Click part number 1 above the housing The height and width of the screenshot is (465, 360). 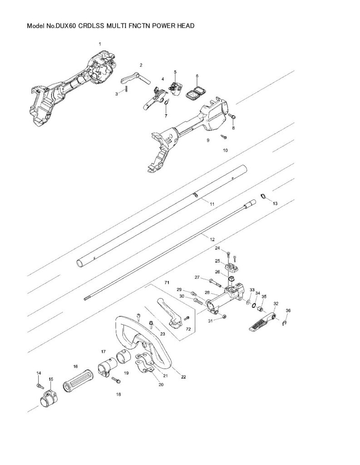pos(100,44)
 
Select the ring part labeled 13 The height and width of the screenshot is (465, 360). pos(263,196)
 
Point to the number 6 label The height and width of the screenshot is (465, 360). pos(197,76)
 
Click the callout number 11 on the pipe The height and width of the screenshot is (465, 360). pos(212,205)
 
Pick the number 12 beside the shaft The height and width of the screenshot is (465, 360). pos(212,238)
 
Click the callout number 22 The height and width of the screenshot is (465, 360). pos(183,376)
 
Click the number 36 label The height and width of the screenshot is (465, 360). pos(287,311)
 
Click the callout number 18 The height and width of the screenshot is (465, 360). pos(118,395)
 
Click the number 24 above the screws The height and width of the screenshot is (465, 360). pos(217,248)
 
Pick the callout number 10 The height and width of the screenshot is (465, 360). pos(225,149)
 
